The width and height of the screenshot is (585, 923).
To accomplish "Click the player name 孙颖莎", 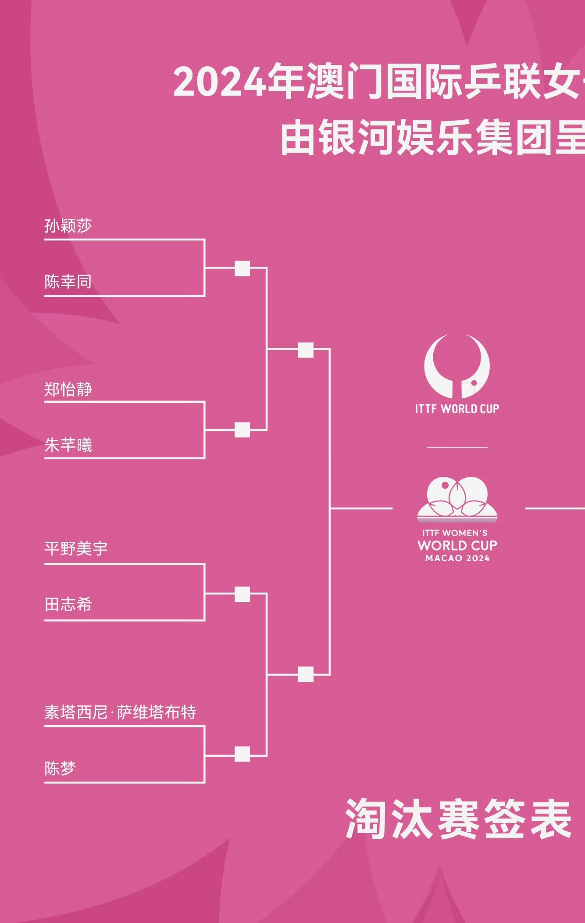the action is [68, 226].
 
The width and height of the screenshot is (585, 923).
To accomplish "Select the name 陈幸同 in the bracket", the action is [68, 282].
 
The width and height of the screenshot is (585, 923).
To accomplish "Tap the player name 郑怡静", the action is [68, 389].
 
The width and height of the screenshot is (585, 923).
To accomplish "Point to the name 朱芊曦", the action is [68, 445].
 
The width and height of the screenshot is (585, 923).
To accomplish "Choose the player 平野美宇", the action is [76, 548].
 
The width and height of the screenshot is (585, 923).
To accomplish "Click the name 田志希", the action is [68, 605].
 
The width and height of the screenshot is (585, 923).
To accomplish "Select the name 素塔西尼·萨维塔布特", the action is [120, 712].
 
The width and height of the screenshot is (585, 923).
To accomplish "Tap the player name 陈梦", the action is [60, 768].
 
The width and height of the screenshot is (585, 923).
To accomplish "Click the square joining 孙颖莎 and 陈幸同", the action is [242, 268].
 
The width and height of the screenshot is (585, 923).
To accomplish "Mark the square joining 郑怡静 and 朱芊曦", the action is [242, 430].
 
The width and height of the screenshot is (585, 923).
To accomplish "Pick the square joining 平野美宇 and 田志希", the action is [242, 594].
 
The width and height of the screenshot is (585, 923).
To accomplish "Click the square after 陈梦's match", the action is [242, 754].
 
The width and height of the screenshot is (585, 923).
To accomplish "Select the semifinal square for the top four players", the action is [306, 350].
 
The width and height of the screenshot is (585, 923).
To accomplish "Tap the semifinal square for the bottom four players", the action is [306, 674].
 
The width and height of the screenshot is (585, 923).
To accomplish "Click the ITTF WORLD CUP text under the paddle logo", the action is [457, 409].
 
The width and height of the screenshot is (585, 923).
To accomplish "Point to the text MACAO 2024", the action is [457, 558].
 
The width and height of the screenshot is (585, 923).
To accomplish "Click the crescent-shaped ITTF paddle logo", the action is [457, 366].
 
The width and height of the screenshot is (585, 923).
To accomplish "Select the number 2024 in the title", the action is [220, 82].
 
